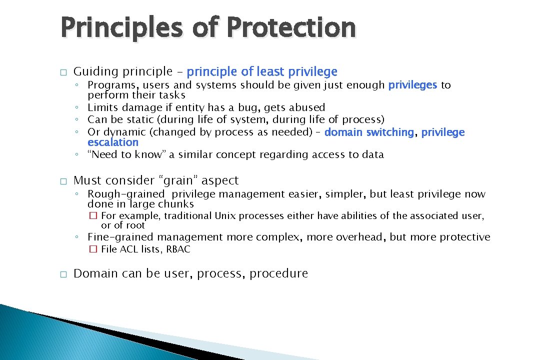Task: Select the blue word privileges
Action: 412,85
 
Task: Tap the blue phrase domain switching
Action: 369,132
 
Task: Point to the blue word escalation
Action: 112,142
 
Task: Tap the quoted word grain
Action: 181,180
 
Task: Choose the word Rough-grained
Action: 126,194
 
